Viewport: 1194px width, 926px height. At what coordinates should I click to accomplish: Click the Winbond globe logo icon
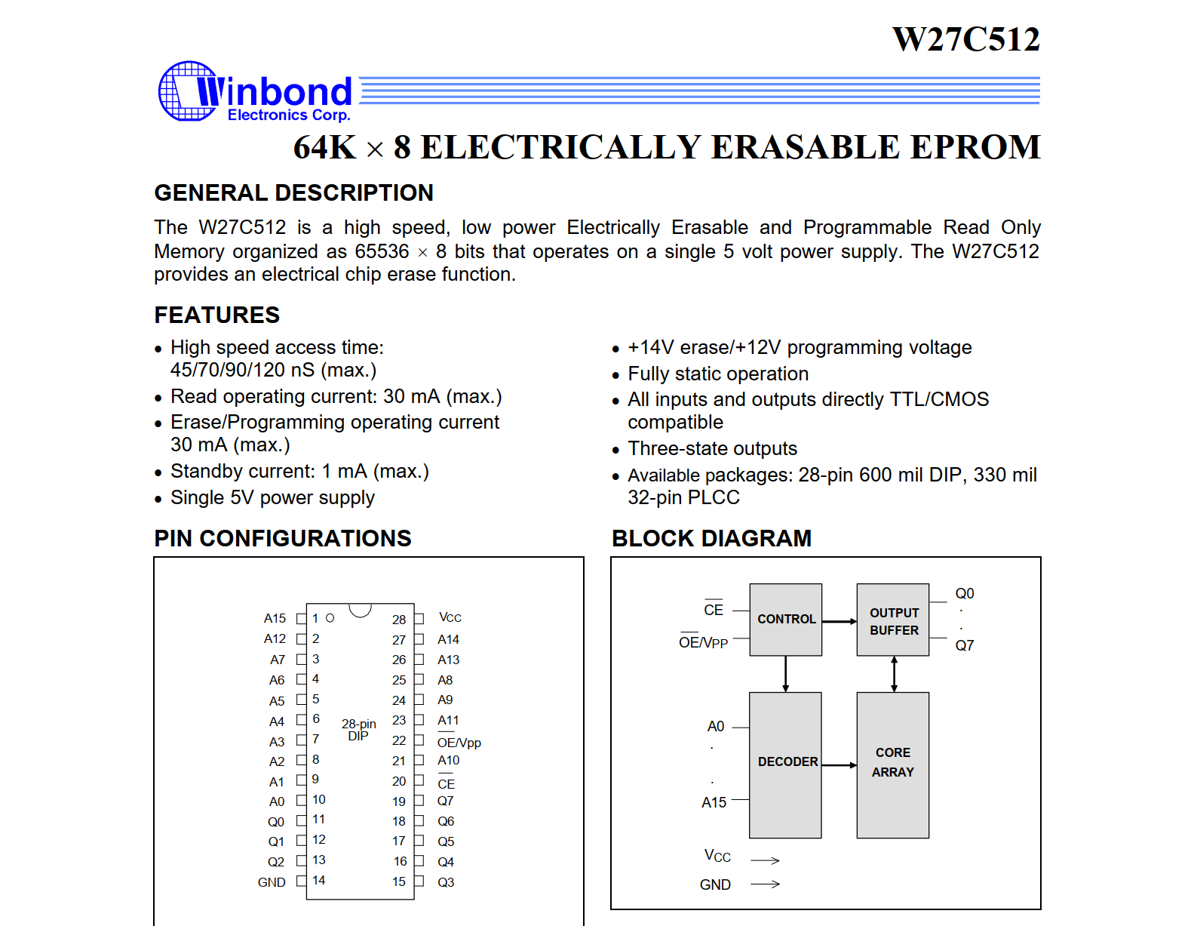[187, 91]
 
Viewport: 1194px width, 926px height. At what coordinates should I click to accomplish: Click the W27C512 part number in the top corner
[965, 39]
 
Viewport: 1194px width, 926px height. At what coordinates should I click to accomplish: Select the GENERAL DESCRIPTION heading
[293, 193]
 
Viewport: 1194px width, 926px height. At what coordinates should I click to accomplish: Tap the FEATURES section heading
[216, 315]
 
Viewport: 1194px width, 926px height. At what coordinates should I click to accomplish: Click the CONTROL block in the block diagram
[785, 619]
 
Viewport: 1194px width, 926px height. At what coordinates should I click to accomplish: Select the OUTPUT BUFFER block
[893, 620]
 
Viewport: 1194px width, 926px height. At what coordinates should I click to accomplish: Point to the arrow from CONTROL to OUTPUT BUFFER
[839, 621]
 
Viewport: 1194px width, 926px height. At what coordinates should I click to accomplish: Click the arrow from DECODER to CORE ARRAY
[839, 765]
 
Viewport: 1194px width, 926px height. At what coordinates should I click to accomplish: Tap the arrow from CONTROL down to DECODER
[785, 673]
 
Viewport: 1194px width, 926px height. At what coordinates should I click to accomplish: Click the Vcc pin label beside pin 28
[450, 617]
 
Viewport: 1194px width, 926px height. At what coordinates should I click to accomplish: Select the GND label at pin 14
[272, 882]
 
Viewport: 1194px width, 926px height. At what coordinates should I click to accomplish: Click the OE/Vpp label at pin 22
[459, 743]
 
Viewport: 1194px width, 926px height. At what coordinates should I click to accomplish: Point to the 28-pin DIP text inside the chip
[358, 730]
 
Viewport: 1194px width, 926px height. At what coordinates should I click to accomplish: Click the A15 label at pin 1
[275, 618]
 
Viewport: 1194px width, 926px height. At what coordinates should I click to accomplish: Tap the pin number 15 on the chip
[399, 881]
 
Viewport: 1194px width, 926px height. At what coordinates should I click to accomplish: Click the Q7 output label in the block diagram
[964, 645]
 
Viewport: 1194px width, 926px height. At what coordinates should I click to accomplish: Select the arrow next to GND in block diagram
[765, 884]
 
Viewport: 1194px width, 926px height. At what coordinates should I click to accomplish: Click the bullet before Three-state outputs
[615, 451]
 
